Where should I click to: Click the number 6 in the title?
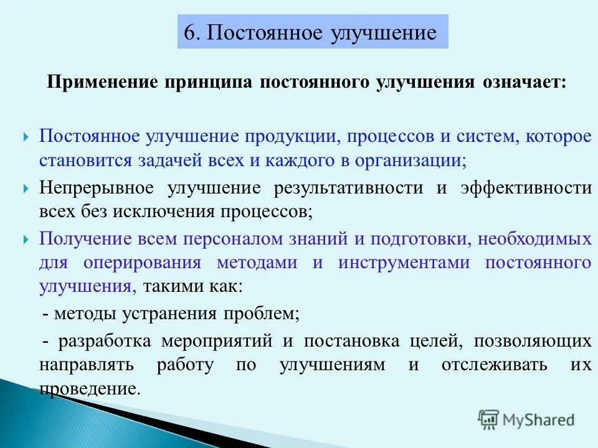pyautogui.click(x=190, y=32)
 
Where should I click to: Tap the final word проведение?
pyautogui.click(x=89, y=388)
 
